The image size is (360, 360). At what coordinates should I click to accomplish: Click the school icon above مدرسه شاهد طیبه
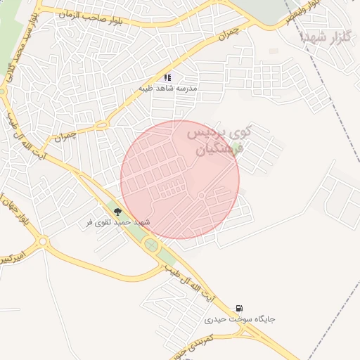(x=167, y=77)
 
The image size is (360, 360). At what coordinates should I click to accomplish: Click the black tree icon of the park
(x=117, y=211)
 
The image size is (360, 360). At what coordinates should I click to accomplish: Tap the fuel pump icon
(x=240, y=308)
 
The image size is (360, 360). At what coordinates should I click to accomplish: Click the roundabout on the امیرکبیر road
(x=43, y=243)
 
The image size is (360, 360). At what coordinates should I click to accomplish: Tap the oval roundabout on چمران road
(x=100, y=125)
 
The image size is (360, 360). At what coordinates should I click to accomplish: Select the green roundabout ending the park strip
(x=150, y=245)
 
